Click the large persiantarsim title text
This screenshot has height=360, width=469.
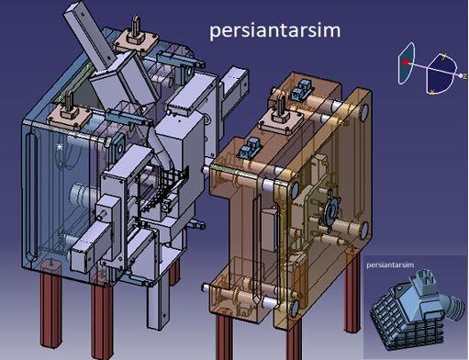274,31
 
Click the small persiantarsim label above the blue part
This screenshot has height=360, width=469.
390,264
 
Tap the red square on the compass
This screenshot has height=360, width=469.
406,62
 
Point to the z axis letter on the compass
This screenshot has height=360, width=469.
464,76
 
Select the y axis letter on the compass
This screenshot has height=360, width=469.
444,56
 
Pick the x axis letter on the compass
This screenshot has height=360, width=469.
432,92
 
